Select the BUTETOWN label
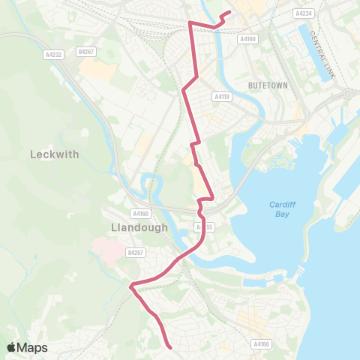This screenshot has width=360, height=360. [268, 85]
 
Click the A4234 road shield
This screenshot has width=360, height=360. [303, 13]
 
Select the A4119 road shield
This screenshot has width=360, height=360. [220, 96]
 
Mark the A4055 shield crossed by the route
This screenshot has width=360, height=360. [202, 226]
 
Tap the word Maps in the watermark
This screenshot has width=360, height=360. [34, 347]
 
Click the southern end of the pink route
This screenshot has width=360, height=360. [170, 346]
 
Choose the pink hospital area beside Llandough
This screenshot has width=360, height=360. [105, 248]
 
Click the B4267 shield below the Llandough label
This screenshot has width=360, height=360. [135, 253]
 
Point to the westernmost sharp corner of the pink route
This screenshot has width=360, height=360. [131, 285]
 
